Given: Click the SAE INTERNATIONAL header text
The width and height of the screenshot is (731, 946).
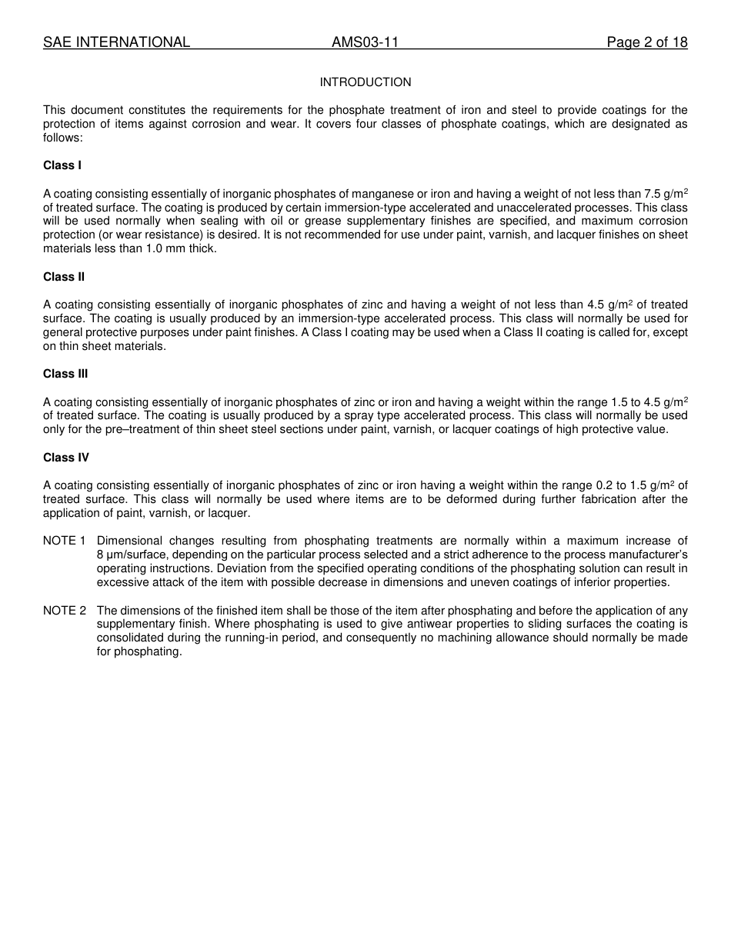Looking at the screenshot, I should coord(116,42).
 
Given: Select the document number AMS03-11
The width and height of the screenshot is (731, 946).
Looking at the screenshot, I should coord(365,42).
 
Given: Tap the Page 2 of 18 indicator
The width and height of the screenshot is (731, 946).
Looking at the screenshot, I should coord(646,42).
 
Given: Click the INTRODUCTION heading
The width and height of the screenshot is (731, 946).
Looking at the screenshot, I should coord(365,82).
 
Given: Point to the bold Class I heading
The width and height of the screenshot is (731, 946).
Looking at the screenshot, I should coord(62,165).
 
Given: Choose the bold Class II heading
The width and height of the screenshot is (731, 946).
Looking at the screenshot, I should coord(64,277).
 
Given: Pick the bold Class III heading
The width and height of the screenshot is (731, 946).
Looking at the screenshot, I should coord(65,374).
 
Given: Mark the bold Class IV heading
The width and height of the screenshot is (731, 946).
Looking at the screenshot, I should coord(66,458).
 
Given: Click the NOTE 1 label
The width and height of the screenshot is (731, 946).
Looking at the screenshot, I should coord(64,541).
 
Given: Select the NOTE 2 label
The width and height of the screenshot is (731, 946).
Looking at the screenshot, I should coord(64,611).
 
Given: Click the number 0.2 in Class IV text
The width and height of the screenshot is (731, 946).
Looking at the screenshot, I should coord(604,485).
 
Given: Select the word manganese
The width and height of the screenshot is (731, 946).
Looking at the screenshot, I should coord(383,194).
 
